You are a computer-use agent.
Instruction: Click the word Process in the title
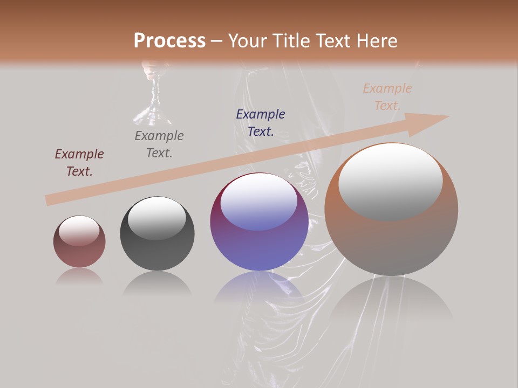click(169, 41)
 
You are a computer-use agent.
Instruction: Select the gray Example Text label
click(159, 144)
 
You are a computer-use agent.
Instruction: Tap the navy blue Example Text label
click(261, 122)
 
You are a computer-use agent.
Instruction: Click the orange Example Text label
click(387, 97)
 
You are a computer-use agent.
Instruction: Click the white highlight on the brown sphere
click(391, 182)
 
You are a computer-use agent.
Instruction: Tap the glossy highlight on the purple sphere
click(259, 204)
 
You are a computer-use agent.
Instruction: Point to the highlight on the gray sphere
click(156, 218)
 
